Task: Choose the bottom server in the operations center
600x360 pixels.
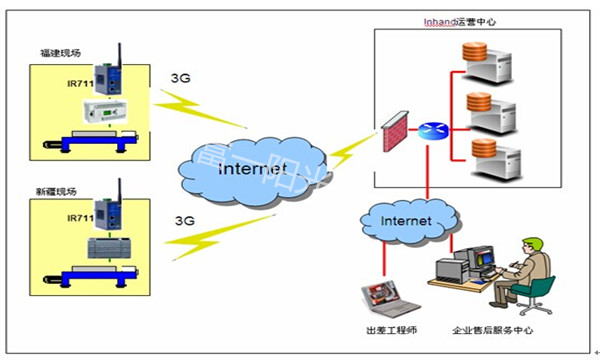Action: click(x=494, y=159)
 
